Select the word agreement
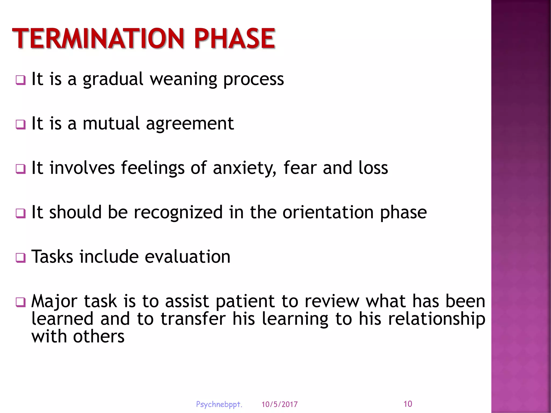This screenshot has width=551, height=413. pyautogui.click(x=190, y=124)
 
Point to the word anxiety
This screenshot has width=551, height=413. pyautogui.click(x=244, y=168)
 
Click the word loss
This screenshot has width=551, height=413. pyautogui.click(x=373, y=168)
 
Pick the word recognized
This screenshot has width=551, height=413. pyautogui.click(x=178, y=212)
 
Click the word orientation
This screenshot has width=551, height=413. pyautogui.click(x=328, y=212)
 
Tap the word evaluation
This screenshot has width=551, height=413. pyautogui.click(x=188, y=257)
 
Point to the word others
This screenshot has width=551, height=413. pyautogui.click(x=99, y=337)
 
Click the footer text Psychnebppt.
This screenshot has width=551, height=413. pyautogui.click(x=219, y=404)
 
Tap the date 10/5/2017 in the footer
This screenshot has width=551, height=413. pyautogui.click(x=280, y=404)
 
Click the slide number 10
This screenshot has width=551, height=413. pyautogui.click(x=408, y=404)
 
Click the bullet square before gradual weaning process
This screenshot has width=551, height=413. pyautogui.click(x=21, y=80)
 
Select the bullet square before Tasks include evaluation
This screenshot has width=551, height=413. pyautogui.click(x=21, y=258)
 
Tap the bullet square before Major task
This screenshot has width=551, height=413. pyautogui.click(x=21, y=302)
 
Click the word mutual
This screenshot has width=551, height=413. pyautogui.click(x=111, y=124)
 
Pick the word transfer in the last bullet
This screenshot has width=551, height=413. pyautogui.click(x=193, y=319)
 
